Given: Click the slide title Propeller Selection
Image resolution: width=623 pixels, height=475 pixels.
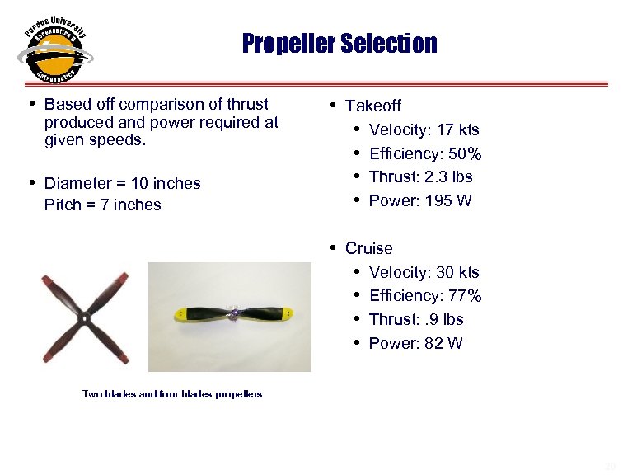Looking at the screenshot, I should [340, 43].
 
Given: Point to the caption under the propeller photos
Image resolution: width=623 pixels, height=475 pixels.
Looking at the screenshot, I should [172, 394].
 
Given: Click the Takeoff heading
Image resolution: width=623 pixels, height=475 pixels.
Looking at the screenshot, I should [373, 106].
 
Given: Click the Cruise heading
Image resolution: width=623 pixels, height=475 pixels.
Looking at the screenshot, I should [369, 248].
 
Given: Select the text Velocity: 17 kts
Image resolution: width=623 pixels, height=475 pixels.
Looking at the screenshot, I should [424, 129].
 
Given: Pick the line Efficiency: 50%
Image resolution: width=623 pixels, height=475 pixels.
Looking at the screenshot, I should [425, 153].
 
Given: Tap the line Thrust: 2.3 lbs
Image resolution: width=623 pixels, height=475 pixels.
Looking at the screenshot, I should [420, 176].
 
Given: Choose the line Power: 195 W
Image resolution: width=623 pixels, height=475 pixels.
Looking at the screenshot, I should [420, 200].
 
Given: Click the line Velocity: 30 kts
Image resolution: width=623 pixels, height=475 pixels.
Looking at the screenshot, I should [424, 272].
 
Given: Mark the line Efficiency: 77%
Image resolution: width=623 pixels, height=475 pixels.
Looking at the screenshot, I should [425, 295].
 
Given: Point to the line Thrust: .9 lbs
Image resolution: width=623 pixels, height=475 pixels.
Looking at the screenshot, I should [416, 319].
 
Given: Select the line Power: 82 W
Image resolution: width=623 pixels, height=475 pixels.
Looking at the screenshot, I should [415, 343].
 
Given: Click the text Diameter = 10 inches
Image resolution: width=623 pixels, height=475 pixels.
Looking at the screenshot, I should [122, 183].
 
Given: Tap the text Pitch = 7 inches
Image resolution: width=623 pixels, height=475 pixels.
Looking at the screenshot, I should [102, 205].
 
